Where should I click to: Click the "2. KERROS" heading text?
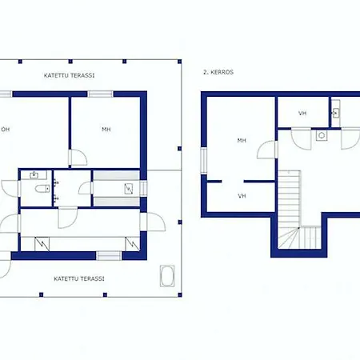218,72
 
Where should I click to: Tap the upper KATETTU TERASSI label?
69,75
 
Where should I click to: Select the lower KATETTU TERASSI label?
79,279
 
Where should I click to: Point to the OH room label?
6,130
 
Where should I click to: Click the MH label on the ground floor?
106,130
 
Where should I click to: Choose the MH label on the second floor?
242,140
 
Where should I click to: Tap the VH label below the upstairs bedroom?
242,196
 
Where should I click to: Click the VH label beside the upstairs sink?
302,114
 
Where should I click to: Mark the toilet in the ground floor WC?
42,189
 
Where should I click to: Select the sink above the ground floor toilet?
34,175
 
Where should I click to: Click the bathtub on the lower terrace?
167,276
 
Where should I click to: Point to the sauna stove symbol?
129,189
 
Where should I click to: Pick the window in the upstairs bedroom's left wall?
204,161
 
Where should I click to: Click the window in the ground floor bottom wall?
109,256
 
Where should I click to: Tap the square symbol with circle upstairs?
322,135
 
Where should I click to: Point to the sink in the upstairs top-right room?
336,113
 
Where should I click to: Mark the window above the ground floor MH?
100,94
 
